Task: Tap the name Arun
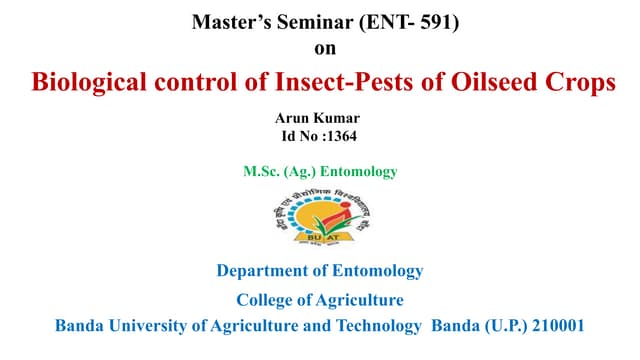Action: click(x=295, y=118)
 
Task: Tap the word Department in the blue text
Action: click(x=262, y=271)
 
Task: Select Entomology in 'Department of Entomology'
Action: click(x=377, y=271)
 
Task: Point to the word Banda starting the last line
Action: click(x=79, y=326)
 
